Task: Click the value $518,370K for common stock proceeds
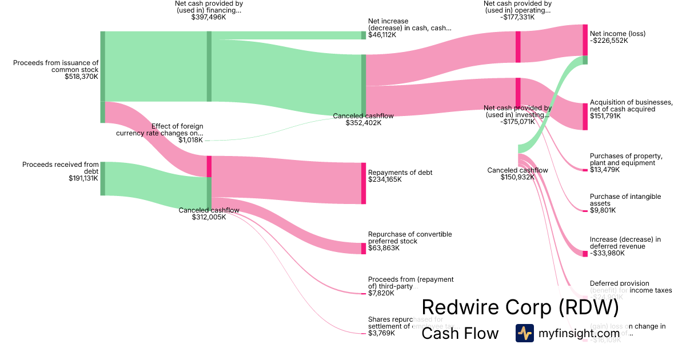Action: point(82,77)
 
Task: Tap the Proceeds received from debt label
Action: point(61,168)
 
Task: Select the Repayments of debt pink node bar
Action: point(363,183)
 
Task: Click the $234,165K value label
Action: point(385,179)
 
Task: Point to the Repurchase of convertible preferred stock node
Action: point(363,249)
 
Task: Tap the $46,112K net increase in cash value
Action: point(383,35)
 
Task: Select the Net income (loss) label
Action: point(617,34)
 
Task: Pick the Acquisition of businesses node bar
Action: point(585,117)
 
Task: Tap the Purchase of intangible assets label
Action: point(625,200)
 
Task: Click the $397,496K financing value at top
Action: point(209,17)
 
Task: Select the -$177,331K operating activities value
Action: point(517,17)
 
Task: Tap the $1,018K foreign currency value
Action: point(190,140)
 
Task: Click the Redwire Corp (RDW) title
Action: point(520,307)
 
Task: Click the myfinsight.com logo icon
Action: point(524,333)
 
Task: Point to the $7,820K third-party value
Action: point(381,293)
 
